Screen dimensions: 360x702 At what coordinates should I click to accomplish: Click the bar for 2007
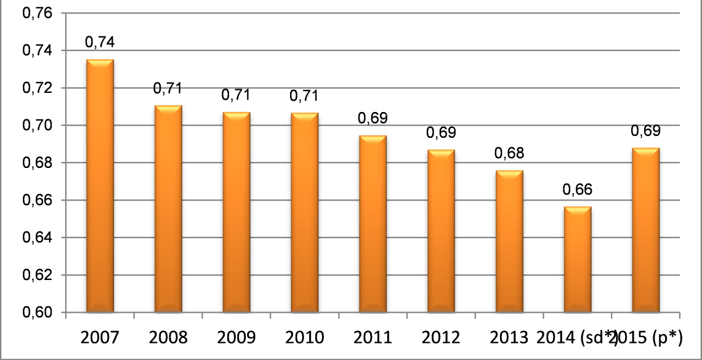tap(100, 185)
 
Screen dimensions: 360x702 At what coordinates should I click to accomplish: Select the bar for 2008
tap(168, 209)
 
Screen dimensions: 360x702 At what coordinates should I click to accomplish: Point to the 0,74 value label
tap(100, 42)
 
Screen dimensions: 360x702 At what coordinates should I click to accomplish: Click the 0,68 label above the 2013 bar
tap(509, 153)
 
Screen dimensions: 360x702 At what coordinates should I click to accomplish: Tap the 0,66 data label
tap(578, 190)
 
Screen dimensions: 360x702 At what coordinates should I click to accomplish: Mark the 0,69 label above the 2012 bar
tap(441, 133)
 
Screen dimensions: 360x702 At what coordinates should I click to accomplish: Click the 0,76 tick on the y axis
tap(37, 14)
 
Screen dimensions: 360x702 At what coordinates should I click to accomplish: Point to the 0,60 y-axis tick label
tap(37, 313)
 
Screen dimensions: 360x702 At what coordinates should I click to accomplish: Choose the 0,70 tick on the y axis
tap(37, 126)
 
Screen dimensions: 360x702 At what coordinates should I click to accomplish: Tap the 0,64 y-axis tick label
tap(37, 238)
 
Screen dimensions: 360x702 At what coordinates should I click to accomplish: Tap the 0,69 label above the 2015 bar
tap(646, 130)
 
